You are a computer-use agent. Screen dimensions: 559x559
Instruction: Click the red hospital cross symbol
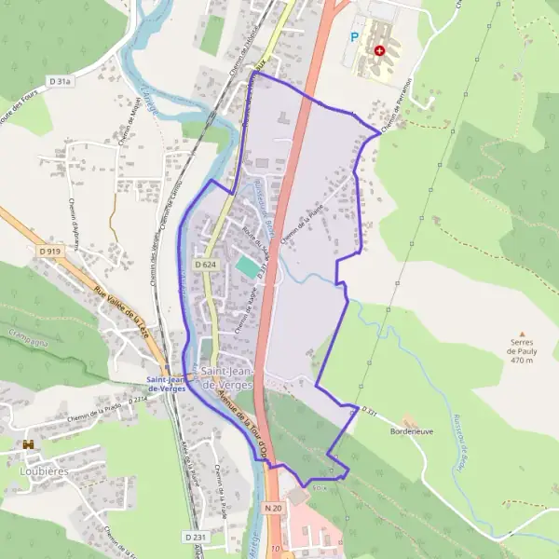click(378, 50)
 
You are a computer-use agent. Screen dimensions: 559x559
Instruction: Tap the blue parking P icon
click(353, 37)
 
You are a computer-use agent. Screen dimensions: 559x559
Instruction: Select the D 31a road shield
click(61, 81)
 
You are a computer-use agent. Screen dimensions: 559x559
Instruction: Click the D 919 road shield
click(50, 252)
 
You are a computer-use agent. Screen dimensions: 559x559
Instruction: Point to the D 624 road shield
click(206, 266)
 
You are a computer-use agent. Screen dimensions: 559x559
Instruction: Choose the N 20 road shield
click(272, 507)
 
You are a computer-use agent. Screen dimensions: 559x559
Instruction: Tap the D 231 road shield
click(195, 538)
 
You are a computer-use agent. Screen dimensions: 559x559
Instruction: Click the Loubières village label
click(37, 470)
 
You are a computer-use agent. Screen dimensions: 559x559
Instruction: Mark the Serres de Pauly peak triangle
click(522, 333)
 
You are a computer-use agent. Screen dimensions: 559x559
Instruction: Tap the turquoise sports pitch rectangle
click(247, 266)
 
